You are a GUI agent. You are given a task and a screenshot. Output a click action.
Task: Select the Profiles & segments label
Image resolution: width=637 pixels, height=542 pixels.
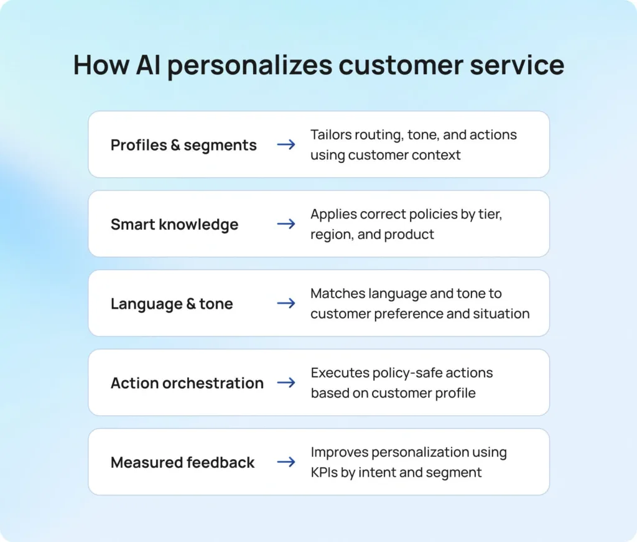click(x=184, y=145)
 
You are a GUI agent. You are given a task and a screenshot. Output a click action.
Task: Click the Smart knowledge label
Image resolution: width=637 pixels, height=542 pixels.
click(x=174, y=225)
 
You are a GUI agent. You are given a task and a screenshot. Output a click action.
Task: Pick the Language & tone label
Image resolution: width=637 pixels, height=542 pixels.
click(x=172, y=304)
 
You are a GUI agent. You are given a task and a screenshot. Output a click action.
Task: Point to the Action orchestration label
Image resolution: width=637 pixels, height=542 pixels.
click(x=187, y=383)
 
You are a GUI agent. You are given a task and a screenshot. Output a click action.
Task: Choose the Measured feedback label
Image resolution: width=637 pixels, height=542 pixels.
click(x=182, y=462)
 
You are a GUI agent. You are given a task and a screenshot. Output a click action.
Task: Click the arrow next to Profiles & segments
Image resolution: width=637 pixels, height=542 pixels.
click(x=286, y=144)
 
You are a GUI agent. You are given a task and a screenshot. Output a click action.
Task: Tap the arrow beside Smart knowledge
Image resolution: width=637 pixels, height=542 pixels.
click(x=286, y=224)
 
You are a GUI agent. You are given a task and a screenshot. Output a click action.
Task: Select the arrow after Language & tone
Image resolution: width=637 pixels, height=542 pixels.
click(x=286, y=304)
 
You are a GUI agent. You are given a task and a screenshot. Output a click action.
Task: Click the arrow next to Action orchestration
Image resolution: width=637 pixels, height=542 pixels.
click(x=286, y=383)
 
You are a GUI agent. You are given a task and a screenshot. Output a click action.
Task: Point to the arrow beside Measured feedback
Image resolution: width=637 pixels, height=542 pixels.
click(x=286, y=462)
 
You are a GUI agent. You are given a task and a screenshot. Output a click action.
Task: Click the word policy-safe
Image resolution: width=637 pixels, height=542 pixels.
click(x=407, y=373)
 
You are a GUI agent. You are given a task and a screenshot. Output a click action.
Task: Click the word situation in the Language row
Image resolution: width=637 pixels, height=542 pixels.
click(x=502, y=314)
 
